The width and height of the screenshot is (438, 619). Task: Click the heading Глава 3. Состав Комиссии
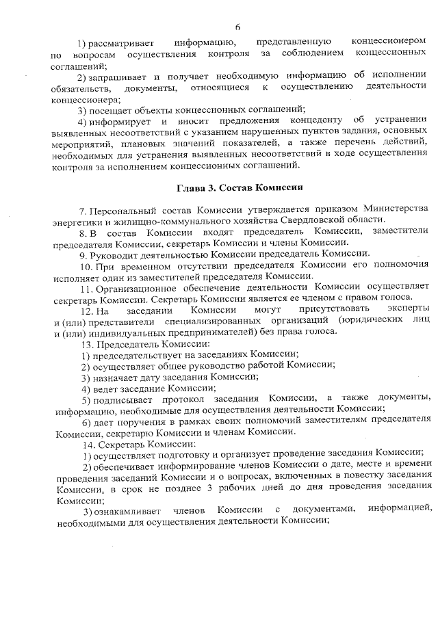[x=240, y=187]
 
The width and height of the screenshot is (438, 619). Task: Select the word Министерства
[x=398, y=209]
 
